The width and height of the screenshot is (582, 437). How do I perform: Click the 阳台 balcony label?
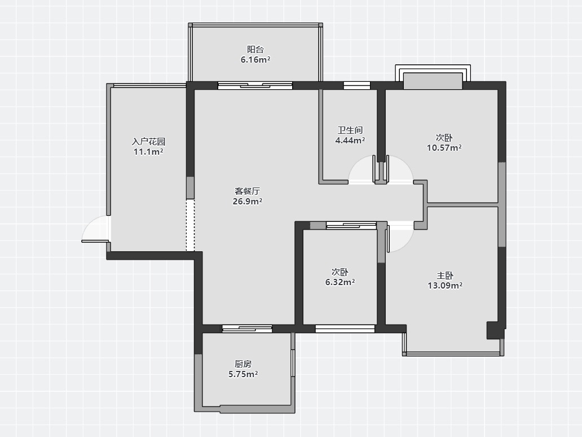click(x=255, y=50)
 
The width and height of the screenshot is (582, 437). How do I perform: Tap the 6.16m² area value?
click(x=255, y=59)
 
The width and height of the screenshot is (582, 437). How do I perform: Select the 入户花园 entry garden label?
click(x=148, y=142)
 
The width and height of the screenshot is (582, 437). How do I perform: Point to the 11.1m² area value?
click(x=148, y=152)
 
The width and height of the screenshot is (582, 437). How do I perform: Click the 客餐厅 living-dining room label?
click(x=247, y=191)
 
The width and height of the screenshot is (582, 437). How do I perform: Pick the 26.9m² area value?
click(x=247, y=201)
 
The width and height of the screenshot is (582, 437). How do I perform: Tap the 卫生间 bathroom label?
click(x=350, y=130)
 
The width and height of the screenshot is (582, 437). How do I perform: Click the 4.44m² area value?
click(x=350, y=140)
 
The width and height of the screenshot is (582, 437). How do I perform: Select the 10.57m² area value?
click(x=444, y=147)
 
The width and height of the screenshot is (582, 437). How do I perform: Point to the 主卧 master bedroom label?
click(x=445, y=276)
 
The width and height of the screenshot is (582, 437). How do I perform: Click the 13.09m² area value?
click(x=445, y=285)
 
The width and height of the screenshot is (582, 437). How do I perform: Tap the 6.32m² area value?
click(x=340, y=282)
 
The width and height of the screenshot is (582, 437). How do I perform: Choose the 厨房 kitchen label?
click(x=243, y=364)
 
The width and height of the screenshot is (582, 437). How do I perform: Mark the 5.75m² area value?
click(x=243, y=374)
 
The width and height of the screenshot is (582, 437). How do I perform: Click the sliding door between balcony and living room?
click(x=255, y=85)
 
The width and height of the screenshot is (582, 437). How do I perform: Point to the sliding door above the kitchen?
click(x=247, y=329)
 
